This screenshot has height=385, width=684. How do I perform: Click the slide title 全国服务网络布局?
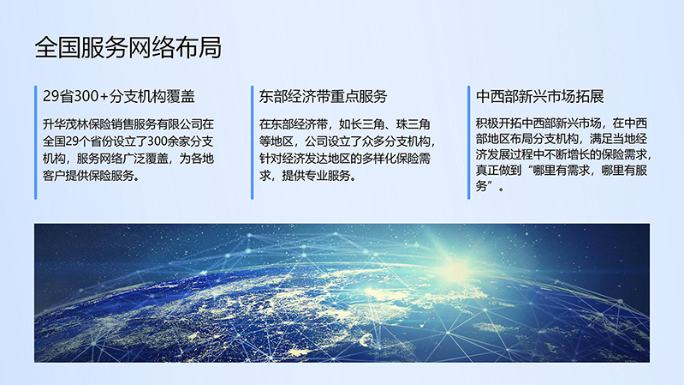pos(128,47)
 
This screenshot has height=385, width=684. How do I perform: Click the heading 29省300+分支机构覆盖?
pos(119,97)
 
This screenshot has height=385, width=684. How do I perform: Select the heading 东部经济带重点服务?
pos(324,97)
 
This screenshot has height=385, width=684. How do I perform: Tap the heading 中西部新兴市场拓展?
pos(539,97)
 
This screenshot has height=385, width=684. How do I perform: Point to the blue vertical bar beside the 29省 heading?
pos(36,142)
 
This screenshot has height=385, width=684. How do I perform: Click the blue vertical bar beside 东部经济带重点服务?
pos(253,142)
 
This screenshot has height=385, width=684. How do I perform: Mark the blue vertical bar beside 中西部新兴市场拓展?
pos(469,142)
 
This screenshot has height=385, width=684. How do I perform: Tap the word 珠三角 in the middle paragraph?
pos(413,124)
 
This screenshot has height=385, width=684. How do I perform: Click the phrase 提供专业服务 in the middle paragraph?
pos(316,176)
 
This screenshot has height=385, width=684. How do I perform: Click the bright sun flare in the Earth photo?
pos(455,267)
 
